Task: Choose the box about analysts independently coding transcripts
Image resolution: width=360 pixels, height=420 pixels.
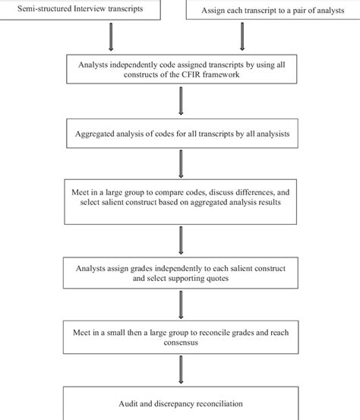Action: point(180,71)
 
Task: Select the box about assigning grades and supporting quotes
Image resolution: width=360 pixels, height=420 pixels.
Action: point(180,273)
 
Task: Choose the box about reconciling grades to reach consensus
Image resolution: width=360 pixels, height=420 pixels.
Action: point(180,337)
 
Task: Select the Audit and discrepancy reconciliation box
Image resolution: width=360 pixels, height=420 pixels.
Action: point(180,404)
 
